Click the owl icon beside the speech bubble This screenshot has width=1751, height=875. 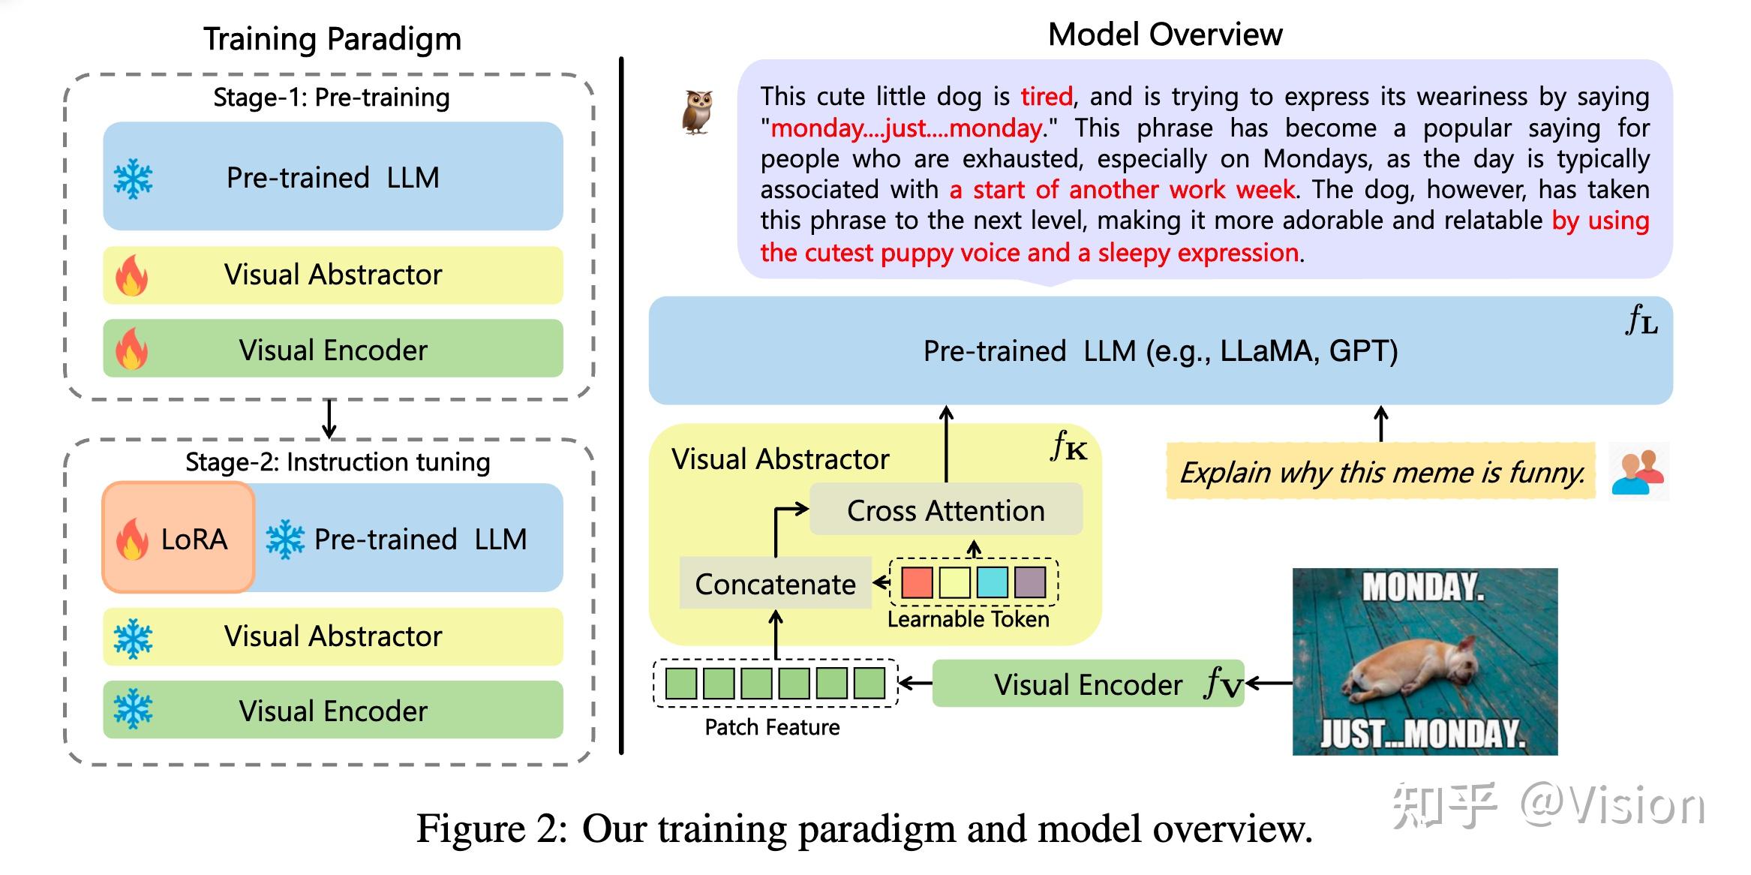tap(697, 113)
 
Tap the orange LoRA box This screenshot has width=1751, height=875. tap(179, 538)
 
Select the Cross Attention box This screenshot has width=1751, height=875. tap(945, 510)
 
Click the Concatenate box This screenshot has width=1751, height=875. tap(775, 584)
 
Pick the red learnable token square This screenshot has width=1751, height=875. tap(917, 582)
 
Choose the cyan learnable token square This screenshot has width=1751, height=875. tap(992, 582)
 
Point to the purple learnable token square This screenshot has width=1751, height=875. tap(1029, 582)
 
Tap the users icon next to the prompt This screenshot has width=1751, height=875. tap(1638, 472)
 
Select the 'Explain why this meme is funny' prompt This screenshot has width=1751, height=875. tap(1381, 472)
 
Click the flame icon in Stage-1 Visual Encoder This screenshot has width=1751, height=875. tap(132, 349)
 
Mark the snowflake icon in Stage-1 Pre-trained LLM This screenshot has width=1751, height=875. tap(133, 179)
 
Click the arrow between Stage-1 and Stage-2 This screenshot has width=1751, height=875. tap(329, 419)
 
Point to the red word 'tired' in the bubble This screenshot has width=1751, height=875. tap(1047, 97)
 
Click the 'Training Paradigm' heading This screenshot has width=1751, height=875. tap(332, 39)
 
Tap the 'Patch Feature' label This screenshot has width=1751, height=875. tap(772, 727)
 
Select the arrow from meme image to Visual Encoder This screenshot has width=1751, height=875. tap(1269, 684)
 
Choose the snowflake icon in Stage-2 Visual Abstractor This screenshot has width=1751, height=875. tap(133, 638)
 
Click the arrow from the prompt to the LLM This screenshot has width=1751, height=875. tap(1380, 423)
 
